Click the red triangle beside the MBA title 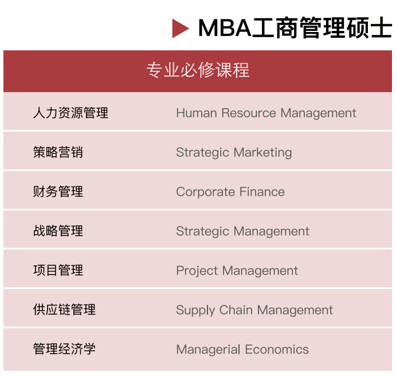click(179, 28)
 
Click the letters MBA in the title click(225, 28)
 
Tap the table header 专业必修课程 click(198, 70)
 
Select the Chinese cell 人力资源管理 click(70, 113)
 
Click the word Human click(197, 113)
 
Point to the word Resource click(249, 113)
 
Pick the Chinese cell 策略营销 click(58, 152)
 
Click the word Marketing click(262, 153)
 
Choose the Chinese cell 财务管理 click(58, 192)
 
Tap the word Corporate click(206, 192)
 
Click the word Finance click(262, 192)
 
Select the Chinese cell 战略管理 click(58, 231)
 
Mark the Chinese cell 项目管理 click(58, 270)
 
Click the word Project click(197, 271)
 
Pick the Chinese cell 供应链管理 click(64, 309)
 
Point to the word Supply click(195, 311)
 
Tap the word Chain click(236, 309)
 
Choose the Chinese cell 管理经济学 click(64, 349)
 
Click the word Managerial click(209, 350)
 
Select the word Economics click(277, 350)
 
